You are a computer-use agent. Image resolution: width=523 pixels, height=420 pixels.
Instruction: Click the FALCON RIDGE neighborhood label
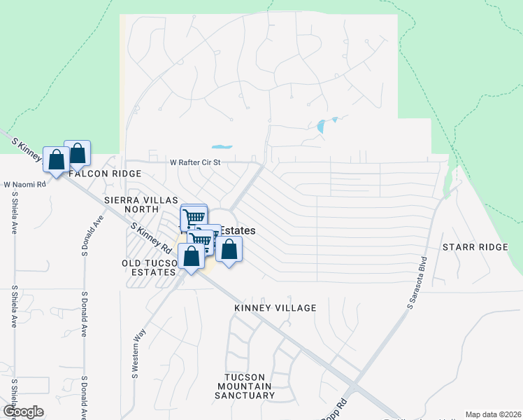click(105, 173)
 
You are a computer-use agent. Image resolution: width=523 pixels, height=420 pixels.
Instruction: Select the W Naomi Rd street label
click(24, 185)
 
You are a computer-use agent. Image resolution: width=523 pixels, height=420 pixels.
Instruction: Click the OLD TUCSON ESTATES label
click(148, 267)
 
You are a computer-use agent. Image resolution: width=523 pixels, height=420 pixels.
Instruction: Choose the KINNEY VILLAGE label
click(275, 308)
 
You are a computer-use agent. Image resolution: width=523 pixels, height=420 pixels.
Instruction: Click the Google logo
click(22, 412)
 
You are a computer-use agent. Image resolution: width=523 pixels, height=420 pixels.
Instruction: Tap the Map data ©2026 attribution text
click(492, 414)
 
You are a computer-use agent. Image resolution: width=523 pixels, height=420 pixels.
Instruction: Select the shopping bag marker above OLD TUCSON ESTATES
click(191, 255)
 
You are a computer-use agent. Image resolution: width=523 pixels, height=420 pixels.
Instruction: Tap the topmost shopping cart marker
click(194, 216)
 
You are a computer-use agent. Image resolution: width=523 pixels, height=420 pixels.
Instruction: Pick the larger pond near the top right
click(322, 126)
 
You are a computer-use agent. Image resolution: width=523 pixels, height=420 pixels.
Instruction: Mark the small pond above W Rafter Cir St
click(222, 147)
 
